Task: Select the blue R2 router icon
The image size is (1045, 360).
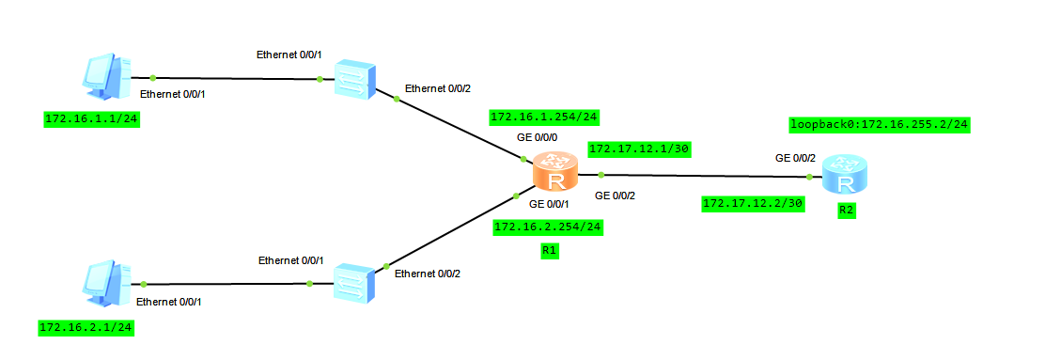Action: (842, 175)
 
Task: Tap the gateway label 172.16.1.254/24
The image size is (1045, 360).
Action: (544, 117)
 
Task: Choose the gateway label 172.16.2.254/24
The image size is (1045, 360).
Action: (547, 227)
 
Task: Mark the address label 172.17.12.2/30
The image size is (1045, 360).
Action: (752, 203)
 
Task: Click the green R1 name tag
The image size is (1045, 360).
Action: (550, 251)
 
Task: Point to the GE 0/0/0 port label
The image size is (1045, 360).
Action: (537, 137)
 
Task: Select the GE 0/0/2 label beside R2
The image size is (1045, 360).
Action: (794, 158)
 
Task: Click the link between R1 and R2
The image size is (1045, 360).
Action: (705, 175)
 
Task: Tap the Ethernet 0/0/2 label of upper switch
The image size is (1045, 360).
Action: (437, 89)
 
